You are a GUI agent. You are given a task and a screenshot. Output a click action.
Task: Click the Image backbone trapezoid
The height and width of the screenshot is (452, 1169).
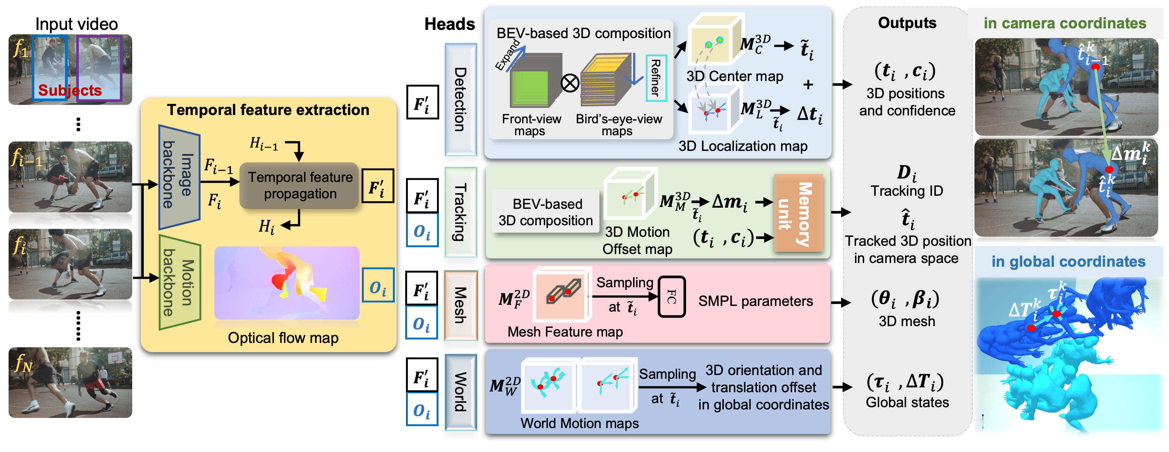[x=179, y=177]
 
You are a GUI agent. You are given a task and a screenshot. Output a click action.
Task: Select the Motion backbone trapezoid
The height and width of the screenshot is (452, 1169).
[x=180, y=282]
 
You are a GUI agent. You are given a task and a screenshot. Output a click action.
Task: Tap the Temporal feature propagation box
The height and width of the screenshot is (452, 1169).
[x=300, y=186]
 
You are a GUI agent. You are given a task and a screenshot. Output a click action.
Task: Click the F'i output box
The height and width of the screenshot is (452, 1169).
[x=378, y=186]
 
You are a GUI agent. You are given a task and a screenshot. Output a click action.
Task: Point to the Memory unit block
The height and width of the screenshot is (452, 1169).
[x=798, y=213]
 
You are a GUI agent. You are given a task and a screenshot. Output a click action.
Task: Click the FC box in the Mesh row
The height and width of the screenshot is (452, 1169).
[x=672, y=297]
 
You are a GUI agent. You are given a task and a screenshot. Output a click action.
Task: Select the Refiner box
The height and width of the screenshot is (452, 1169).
[x=656, y=78]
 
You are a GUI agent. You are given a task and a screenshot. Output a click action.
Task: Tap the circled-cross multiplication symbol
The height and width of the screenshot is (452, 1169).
[x=570, y=83]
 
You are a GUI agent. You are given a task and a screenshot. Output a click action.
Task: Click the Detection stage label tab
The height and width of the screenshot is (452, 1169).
[x=460, y=100]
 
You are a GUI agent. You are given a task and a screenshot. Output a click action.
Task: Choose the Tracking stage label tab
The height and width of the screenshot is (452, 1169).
[x=460, y=213]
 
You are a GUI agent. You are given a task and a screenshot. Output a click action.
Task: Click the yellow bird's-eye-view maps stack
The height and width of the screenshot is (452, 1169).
[x=606, y=82]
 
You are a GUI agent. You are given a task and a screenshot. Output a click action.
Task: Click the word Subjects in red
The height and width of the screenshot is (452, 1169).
[x=70, y=90]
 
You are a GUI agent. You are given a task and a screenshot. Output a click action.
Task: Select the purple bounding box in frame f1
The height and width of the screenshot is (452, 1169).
[x=99, y=68]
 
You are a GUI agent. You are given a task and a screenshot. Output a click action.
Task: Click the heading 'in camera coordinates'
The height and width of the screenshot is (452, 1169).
[x=1065, y=23]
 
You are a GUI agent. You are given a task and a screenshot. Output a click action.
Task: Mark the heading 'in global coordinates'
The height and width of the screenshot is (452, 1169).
[x=1068, y=261]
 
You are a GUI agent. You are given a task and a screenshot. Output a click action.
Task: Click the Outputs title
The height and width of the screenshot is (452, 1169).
[x=907, y=23]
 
